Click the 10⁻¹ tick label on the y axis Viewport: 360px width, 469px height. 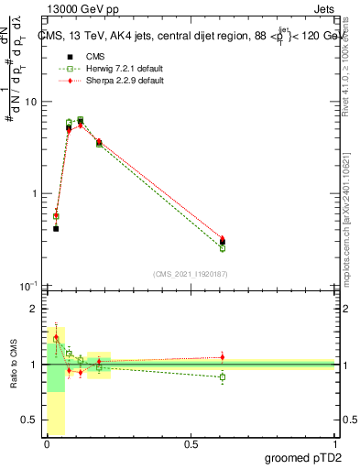point(28,286)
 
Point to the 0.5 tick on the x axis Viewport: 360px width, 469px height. point(191,444)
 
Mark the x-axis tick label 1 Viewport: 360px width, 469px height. point(334,444)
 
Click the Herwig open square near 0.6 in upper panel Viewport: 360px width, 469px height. point(223,247)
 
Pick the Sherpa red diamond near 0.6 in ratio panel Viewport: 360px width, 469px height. point(223,357)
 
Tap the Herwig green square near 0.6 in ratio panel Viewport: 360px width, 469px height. point(223,376)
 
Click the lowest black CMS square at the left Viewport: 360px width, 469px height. point(56,228)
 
